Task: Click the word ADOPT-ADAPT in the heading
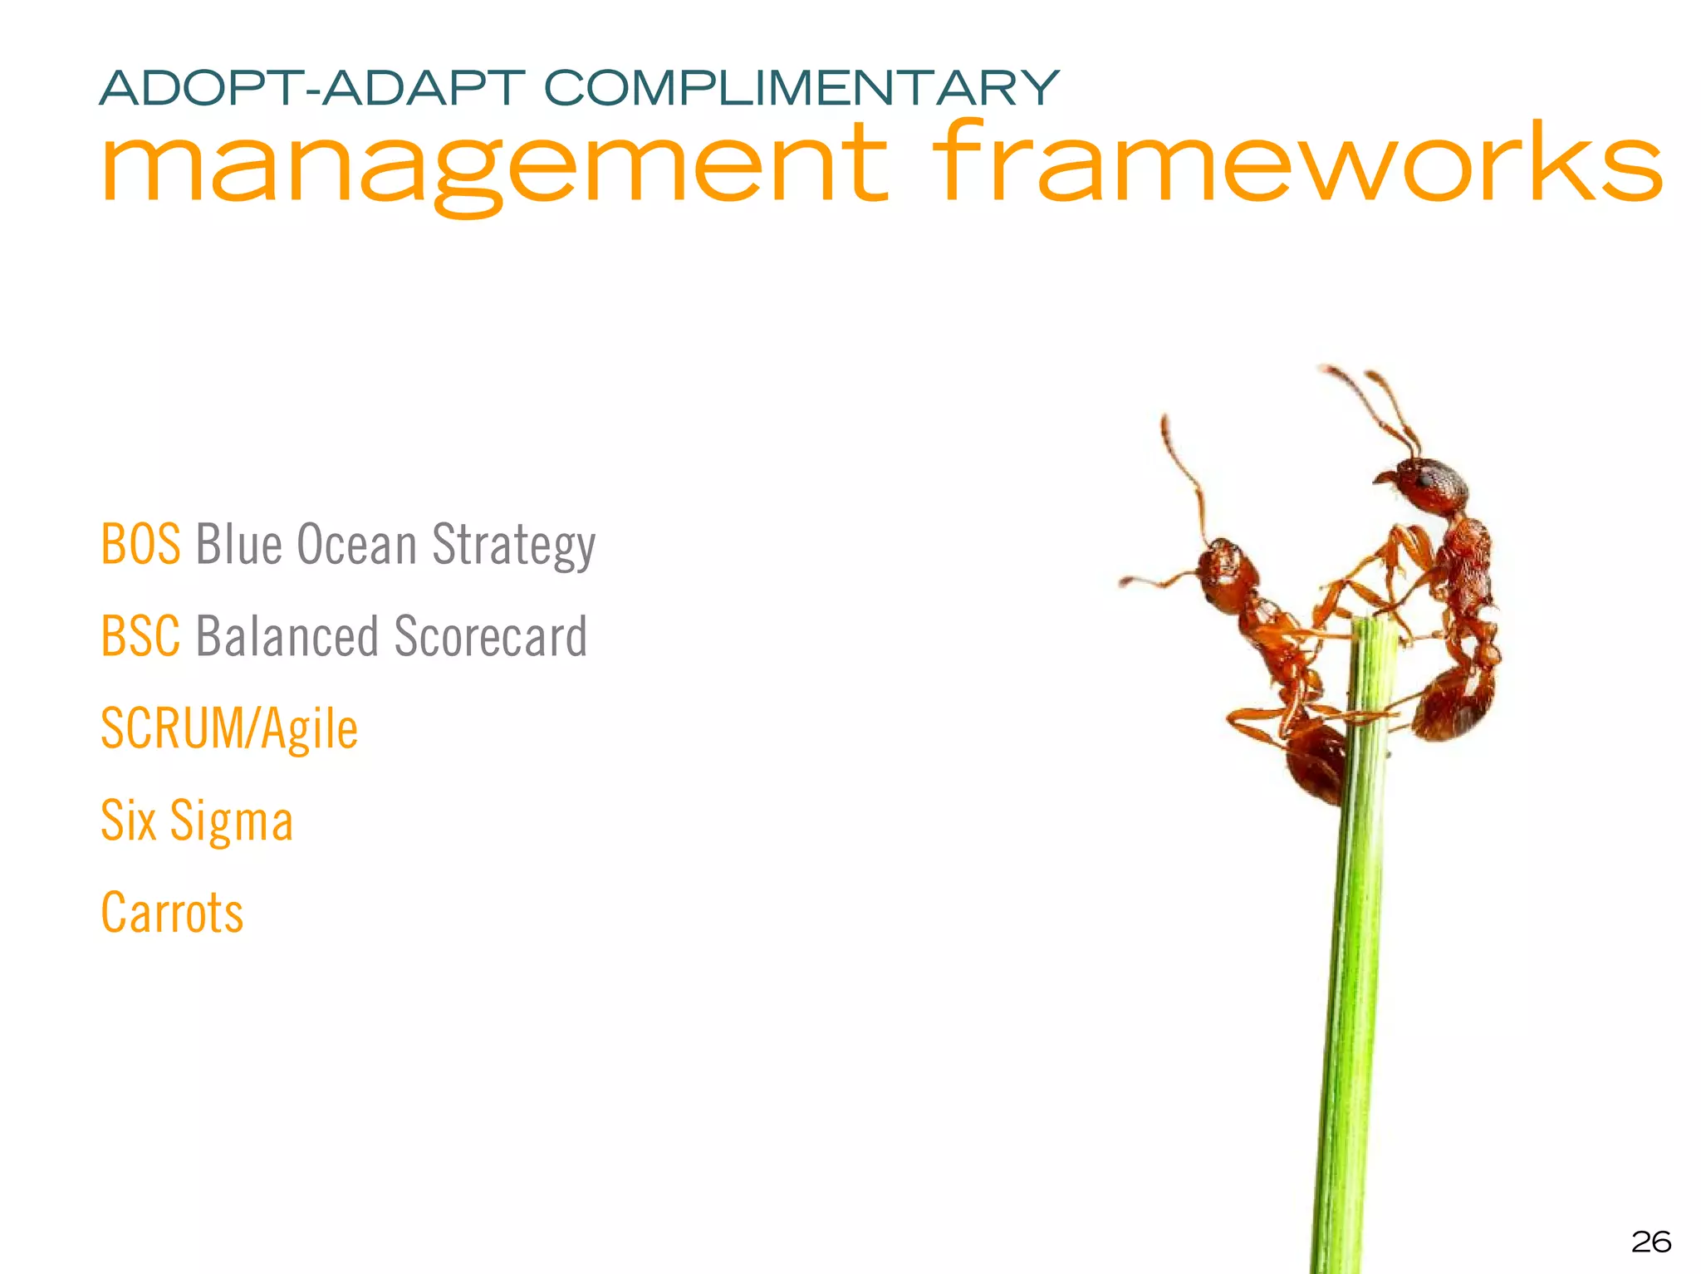point(311,89)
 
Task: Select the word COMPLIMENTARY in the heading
point(801,89)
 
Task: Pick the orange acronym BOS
point(140,545)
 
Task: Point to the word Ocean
point(356,545)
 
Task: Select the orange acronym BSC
point(140,637)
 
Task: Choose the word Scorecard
point(490,637)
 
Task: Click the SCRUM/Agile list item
point(228,729)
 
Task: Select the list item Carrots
point(172,913)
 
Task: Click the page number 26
point(1650,1242)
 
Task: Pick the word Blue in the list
point(238,545)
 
